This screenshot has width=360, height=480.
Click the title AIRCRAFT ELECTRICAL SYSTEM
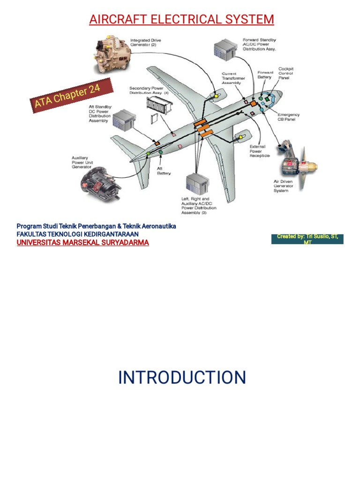pyautogui.click(x=182, y=19)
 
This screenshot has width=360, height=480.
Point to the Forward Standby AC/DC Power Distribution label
pyautogui.click(x=259, y=44)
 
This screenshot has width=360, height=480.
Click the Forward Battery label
pyautogui.click(x=265, y=75)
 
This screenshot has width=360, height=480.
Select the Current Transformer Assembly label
pyautogui.click(x=233, y=78)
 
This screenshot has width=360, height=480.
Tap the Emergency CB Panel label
pyautogui.click(x=288, y=117)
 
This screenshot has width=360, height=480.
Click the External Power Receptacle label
pyautogui.click(x=260, y=151)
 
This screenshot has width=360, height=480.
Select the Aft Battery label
pyautogui.click(x=164, y=171)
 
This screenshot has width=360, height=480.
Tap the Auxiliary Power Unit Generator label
pyautogui.click(x=82, y=162)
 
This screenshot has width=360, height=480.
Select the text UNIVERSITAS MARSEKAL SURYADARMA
pyautogui.click(x=83, y=242)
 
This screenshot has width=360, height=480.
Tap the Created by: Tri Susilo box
pyautogui.click(x=307, y=239)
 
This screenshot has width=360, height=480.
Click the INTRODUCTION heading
pyautogui.click(x=182, y=377)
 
